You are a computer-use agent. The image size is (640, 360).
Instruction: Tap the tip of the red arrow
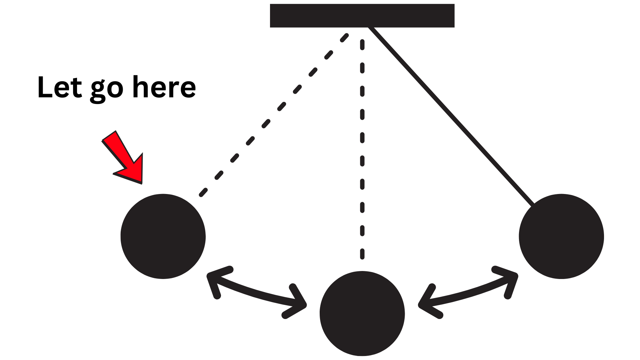[141, 183]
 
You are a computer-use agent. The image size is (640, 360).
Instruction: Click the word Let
[60, 87]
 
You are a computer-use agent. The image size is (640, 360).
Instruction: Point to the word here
[164, 87]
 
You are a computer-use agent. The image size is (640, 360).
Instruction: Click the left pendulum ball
[163, 236]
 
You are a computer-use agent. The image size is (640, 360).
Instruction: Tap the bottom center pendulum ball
[362, 313]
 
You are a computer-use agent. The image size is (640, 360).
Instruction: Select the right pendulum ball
[561, 236]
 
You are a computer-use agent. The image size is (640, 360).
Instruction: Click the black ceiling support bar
[362, 16]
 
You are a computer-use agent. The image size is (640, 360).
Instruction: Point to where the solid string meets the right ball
[533, 204]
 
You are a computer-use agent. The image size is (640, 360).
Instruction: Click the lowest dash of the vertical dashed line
[362, 253]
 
